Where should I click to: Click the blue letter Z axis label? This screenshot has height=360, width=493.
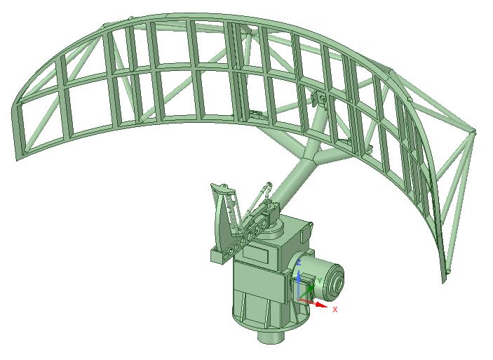299,262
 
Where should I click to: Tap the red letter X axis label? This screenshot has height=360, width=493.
335,309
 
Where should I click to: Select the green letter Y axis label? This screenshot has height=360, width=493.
320,280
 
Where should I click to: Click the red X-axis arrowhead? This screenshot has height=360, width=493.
321,305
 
